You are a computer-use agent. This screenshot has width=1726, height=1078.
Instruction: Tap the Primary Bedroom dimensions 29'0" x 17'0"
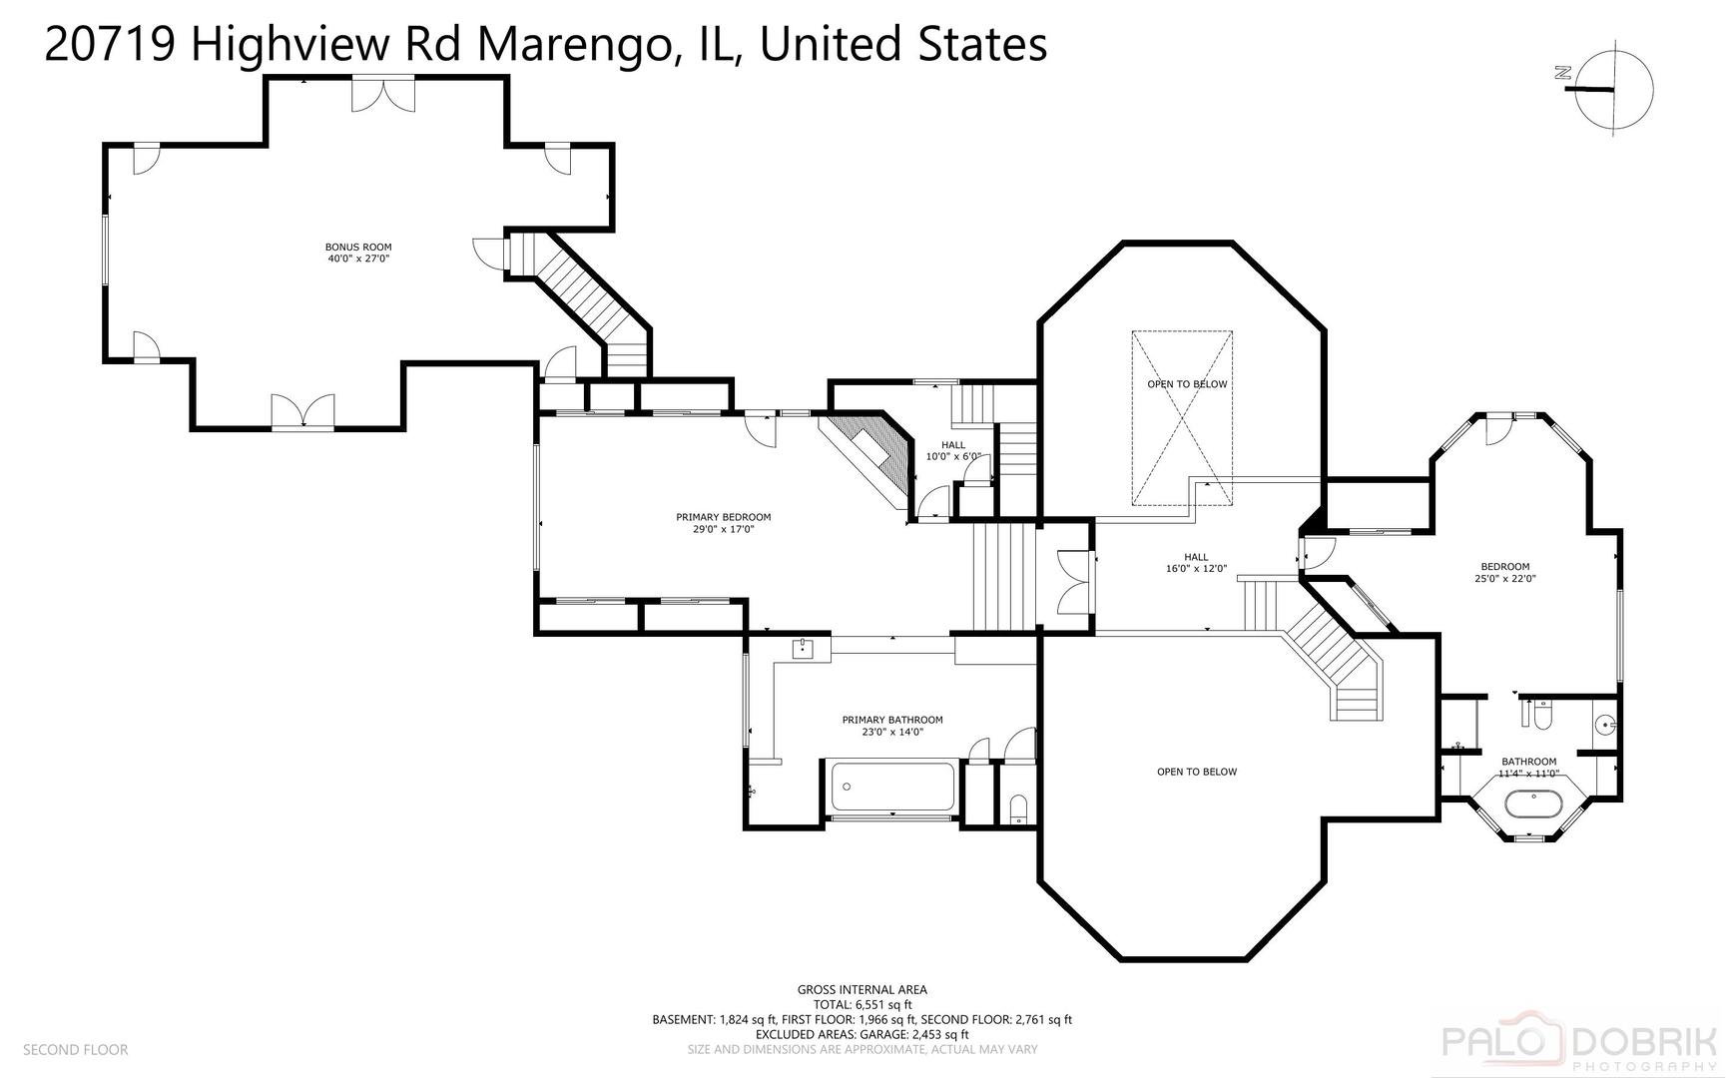pos(723,530)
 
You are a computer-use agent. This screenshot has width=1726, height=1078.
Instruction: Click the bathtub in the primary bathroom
pos(889,789)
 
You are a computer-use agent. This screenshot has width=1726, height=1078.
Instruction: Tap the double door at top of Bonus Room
pos(382,95)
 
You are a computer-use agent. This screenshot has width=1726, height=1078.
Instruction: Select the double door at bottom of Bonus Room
pos(302,411)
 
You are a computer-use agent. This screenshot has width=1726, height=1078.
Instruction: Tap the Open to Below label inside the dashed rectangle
pos(1187,384)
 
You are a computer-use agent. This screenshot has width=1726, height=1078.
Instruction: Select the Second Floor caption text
pos(76,1050)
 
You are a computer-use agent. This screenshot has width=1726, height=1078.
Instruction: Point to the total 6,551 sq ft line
pos(862,1005)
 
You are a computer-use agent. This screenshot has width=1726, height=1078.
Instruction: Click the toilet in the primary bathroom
pos(1017,808)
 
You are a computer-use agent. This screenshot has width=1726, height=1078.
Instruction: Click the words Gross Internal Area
pos(862,990)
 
